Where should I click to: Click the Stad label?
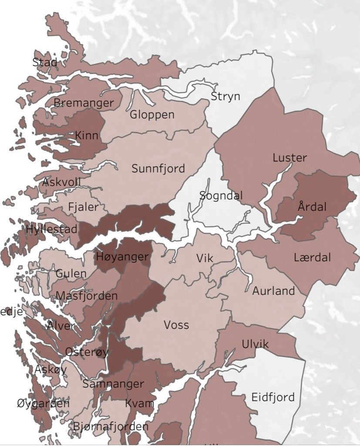click(x=45, y=62)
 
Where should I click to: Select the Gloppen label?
click(x=152, y=115)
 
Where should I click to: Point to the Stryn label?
click(x=225, y=96)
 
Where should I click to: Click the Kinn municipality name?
click(x=87, y=135)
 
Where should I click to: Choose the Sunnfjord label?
click(x=158, y=168)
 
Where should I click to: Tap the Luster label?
click(x=289, y=158)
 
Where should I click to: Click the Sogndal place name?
click(x=221, y=196)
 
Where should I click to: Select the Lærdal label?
click(x=312, y=257)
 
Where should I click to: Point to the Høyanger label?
click(x=122, y=257)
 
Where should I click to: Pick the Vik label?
click(x=205, y=258)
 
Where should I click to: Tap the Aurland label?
click(x=273, y=291)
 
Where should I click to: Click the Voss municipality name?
click(x=176, y=325)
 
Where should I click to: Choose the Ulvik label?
click(x=255, y=345)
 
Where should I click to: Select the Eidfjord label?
click(x=273, y=397)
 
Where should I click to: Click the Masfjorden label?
click(x=87, y=296)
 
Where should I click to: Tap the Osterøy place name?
click(x=86, y=352)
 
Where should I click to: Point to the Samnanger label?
click(x=113, y=384)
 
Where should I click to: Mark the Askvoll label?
click(x=61, y=182)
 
